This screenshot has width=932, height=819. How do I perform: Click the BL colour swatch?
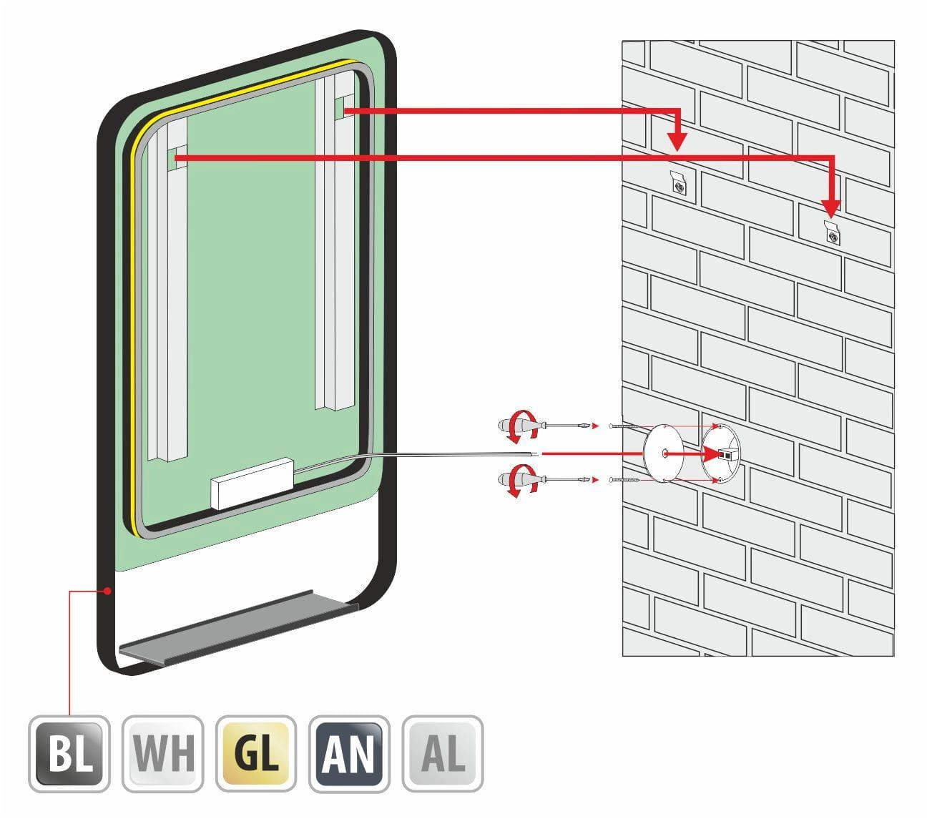[69, 753]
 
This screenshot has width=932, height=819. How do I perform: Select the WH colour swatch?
[162, 753]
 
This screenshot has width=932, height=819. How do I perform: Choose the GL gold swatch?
[256, 753]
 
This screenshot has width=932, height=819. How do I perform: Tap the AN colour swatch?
[349, 753]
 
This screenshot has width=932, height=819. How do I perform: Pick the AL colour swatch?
[443, 753]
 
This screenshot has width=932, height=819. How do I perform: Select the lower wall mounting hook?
[832, 232]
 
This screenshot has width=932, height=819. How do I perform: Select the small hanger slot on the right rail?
[342, 110]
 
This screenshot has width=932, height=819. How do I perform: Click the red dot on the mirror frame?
[107, 592]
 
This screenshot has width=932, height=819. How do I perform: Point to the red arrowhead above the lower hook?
[831, 207]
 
